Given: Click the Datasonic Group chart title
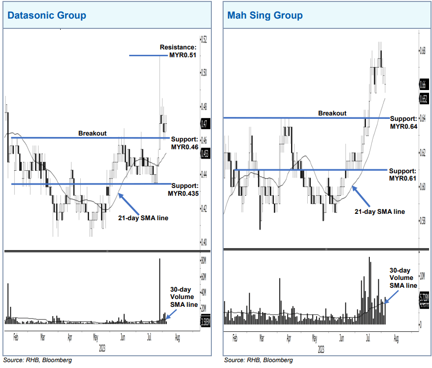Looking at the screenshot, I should click(46, 15).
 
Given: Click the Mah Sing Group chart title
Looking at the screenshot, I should click(265, 15).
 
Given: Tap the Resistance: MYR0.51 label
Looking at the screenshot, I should click(178, 51).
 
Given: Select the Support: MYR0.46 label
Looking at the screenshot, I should click(184, 142).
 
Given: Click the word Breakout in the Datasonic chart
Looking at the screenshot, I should click(92, 133).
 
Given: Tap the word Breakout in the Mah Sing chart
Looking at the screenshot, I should click(332, 113).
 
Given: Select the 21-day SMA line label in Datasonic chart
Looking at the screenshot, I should click(143, 218).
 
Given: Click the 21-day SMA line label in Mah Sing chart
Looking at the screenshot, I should click(380, 211).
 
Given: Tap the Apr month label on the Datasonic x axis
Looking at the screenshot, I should click(70, 337).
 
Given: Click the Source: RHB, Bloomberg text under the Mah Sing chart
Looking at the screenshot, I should click(258, 360).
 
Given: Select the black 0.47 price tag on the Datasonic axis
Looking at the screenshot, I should click(204, 123).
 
